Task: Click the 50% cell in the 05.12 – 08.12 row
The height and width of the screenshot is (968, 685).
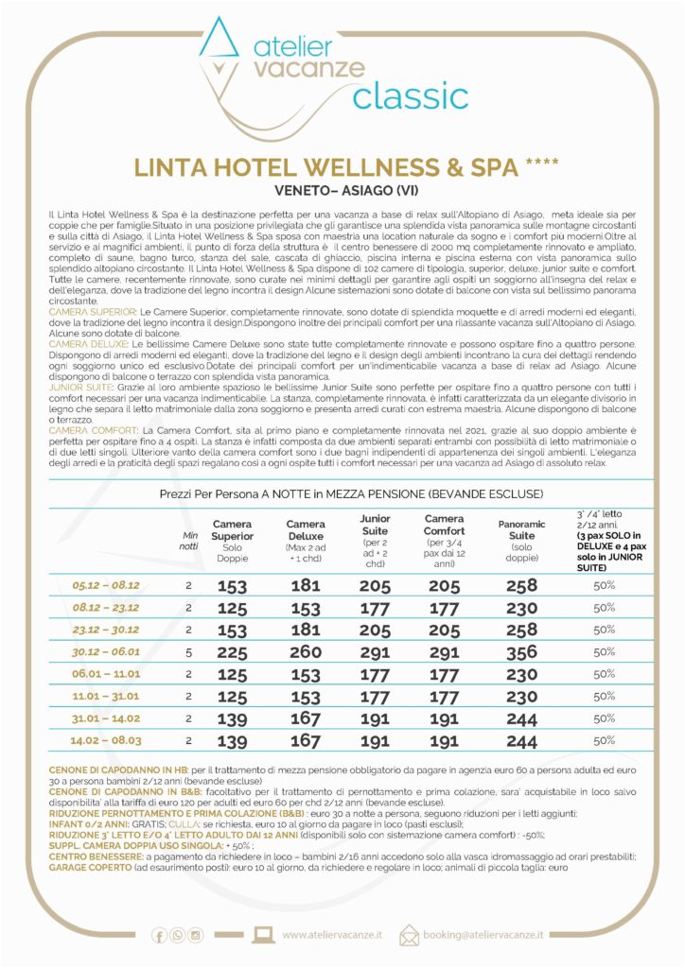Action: pos(606,584)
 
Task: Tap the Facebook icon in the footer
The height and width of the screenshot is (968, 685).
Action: pos(159,935)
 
